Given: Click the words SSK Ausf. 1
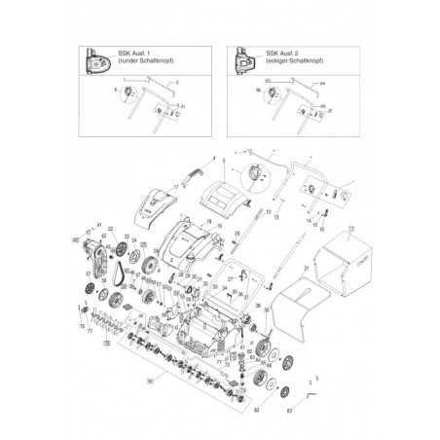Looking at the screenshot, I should pyautogui.click(x=132, y=55).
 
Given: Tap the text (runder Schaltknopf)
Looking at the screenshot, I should pyautogui.click(x=142, y=61).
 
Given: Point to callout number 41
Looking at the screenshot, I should pyautogui.click(x=99, y=226).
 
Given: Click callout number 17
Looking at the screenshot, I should pyautogui.click(x=177, y=183).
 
